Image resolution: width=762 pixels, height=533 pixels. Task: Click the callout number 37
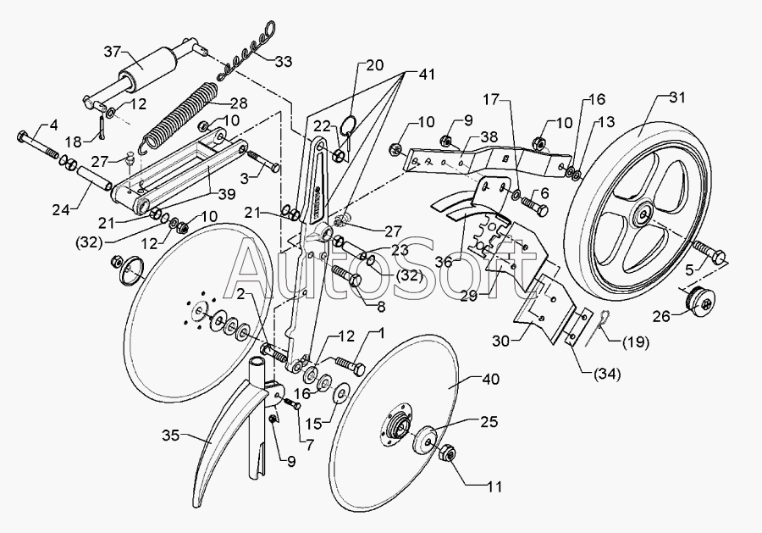coord(113,51)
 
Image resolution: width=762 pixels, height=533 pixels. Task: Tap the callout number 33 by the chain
coord(284,61)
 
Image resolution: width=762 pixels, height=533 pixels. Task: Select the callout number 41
coord(426,75)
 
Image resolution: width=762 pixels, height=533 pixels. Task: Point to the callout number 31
coord(676,97)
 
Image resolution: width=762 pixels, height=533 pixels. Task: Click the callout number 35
coord(171,436)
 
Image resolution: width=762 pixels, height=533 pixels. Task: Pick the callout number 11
coord(494,486)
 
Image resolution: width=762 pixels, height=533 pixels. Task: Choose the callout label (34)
coord(607,374)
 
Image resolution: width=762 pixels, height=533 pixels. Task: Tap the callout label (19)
coord(636,342)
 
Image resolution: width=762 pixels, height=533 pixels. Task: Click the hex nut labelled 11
coord(448,454)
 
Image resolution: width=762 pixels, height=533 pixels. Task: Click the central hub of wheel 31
coord(644,214)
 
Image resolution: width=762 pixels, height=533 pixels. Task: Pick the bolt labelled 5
coord(709,251)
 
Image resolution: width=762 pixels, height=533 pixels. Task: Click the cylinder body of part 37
coord(146,68)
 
